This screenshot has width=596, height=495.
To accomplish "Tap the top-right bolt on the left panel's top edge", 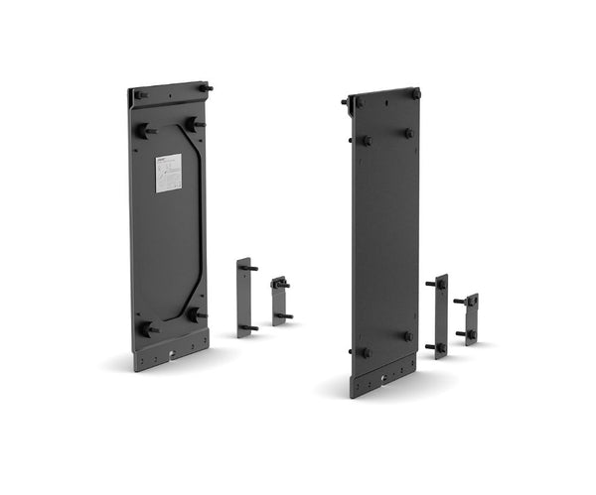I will (x=206, y=88).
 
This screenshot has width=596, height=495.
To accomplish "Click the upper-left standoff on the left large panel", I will (x=146, y=130).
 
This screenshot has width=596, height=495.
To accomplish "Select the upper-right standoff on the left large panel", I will (x=196, y=125).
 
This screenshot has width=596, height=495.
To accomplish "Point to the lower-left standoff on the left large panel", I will (x=148, y=328).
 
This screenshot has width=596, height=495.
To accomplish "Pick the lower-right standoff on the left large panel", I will (x=198, y=314).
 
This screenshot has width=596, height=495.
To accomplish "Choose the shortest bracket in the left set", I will (x=279, y=301).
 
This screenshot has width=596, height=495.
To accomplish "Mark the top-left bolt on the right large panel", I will (x=347, y=101).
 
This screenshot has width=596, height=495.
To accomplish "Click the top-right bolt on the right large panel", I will (x=415, y=94).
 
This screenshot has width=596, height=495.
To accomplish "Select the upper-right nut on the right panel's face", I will (x=408, y=133).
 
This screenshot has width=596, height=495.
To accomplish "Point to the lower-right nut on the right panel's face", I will (x=407, y=336).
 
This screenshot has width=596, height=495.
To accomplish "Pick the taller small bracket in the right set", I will (x=440, y=316).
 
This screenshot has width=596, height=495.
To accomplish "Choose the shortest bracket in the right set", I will (x=470, y=318).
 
